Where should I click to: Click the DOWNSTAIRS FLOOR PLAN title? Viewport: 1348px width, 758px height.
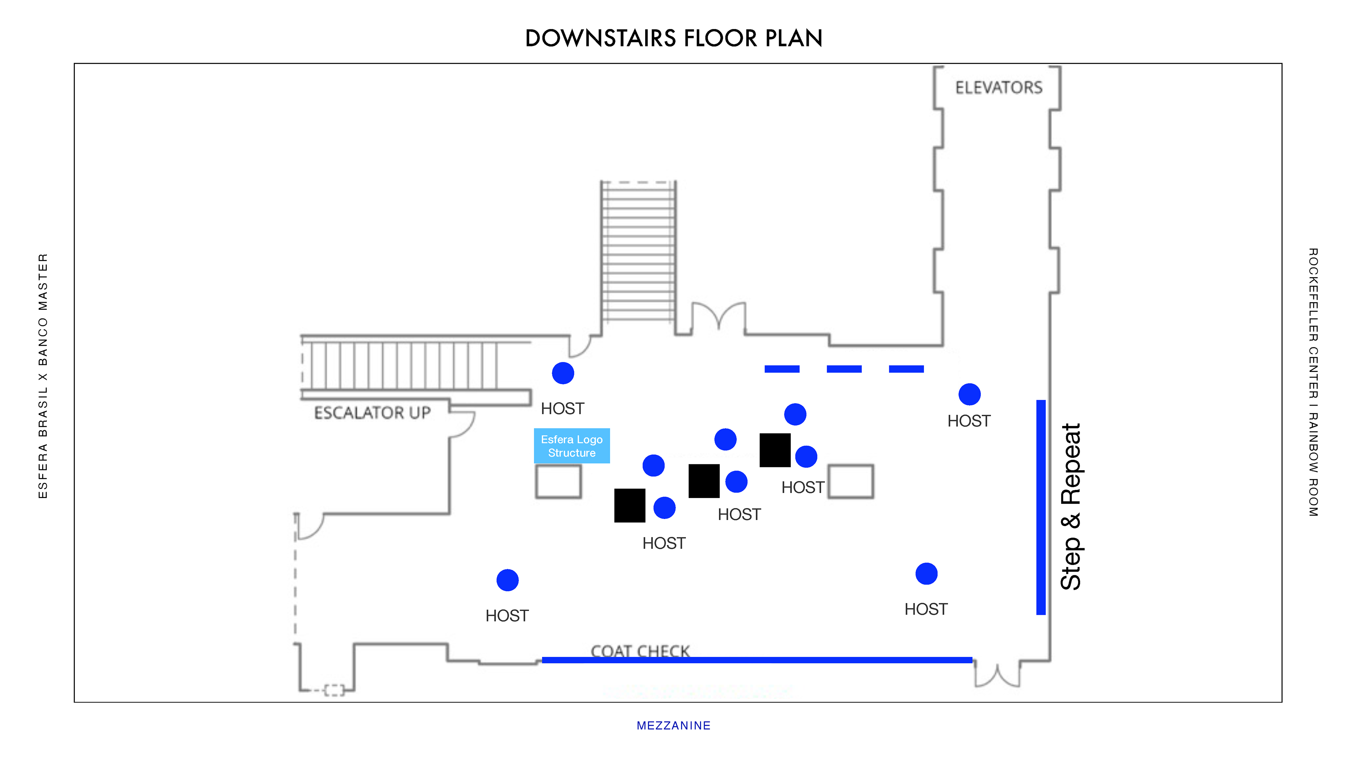674,38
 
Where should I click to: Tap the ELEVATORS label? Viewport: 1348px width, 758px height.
998,87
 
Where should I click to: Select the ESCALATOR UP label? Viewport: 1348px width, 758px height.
372,413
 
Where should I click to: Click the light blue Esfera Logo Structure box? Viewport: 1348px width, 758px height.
571,446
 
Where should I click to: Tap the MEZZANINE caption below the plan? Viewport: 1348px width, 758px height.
674,726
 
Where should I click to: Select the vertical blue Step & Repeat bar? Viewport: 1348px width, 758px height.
1041,507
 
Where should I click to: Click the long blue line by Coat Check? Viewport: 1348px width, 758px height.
757,660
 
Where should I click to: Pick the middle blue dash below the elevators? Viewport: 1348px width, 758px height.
844,369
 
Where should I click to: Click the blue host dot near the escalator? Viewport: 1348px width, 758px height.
563,373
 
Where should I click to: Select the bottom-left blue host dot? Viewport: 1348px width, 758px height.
507,580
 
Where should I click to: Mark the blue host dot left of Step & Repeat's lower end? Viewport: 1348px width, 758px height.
926,574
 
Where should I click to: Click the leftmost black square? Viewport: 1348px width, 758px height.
629,505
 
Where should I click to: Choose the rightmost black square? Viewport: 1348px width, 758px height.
775,450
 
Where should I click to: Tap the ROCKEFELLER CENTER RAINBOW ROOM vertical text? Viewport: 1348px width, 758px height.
1313,383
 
